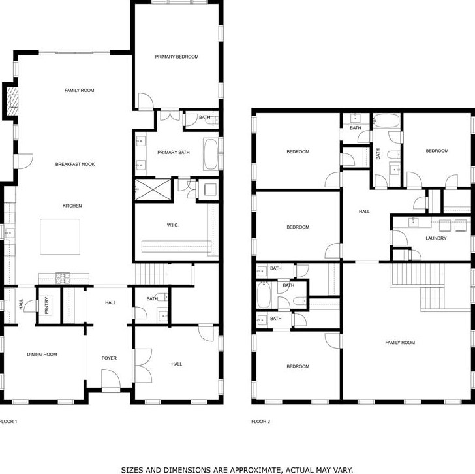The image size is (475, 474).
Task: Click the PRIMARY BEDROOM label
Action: tap(176, 57)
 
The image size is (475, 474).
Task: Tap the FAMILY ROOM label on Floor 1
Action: tap(79, 90)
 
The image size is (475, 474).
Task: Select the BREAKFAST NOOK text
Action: tap(75, 164)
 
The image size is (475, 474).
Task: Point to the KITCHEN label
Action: tap(72, 206)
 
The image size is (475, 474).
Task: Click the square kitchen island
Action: tap(61, 236)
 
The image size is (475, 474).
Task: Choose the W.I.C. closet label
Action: tap(172, 226)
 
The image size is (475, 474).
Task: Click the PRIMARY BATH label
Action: tap(174, 153)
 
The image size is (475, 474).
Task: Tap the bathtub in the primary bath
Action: tap(211, 155)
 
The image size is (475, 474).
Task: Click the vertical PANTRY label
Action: tap(47, 306)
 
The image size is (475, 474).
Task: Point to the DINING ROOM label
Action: tap(42, 355)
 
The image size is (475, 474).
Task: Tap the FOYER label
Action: tap(109, 358)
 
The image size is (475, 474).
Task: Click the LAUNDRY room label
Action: tap(436, 238)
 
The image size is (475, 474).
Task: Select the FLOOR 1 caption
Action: tap(8, 422)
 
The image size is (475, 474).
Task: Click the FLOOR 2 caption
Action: tap(260, 422)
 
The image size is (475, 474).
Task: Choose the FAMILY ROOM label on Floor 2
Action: tap(399, 343)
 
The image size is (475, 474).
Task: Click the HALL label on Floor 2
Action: tap(364, 211)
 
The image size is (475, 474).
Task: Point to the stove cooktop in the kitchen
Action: tap(63, 277)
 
